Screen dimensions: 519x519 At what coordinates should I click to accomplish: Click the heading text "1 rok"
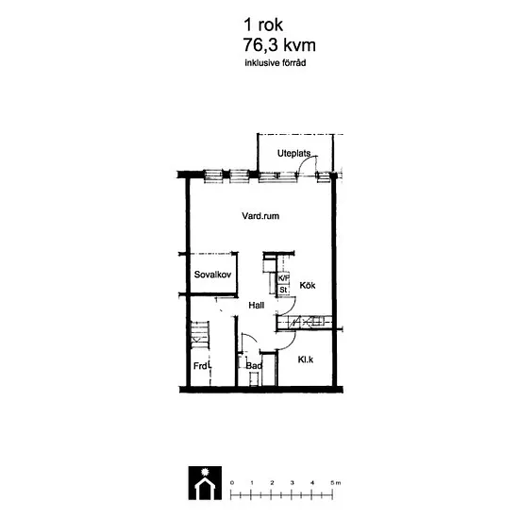(263, 25)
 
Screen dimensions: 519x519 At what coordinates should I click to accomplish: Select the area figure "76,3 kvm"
(279, 45)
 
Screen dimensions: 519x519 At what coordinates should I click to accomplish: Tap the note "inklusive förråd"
(276, 63)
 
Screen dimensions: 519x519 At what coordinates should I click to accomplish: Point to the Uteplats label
(293, 153)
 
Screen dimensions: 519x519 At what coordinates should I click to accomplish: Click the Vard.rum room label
(260, 216)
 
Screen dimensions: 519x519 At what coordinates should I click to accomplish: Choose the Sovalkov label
(212, 275)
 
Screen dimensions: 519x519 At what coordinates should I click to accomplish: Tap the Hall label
(257, 305)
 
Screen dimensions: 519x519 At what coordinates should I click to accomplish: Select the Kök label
(308, 285)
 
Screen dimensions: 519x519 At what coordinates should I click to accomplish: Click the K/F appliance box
(283, 278)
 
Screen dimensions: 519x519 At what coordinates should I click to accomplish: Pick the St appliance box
(283, 290)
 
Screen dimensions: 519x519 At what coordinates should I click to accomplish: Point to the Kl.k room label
(306, 360)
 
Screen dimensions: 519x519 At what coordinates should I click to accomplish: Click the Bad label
(254, 366)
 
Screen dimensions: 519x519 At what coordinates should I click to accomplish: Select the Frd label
(201, 366)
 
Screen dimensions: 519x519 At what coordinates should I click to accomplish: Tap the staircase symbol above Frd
(200, 334)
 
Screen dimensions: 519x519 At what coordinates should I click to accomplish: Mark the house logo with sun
(205, 483)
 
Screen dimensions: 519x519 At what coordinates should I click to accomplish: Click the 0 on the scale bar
(232, 482)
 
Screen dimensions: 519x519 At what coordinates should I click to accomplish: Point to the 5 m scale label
(335, 482)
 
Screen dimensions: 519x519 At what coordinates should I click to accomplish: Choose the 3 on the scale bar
(293, 482)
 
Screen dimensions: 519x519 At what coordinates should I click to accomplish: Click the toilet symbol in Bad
(254, 378)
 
